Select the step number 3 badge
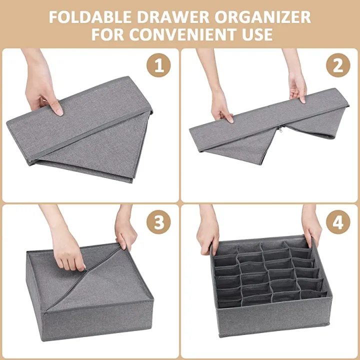(158, 222)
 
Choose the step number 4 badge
(338, 222)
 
